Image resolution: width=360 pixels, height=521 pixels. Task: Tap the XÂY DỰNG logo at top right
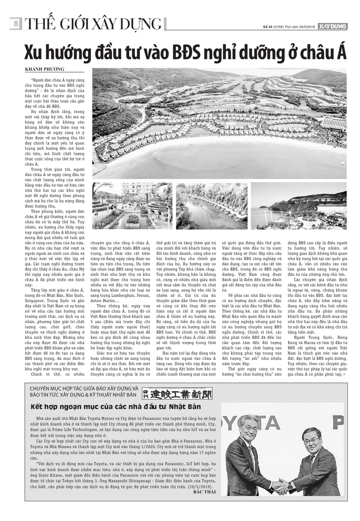(x=333, y=27)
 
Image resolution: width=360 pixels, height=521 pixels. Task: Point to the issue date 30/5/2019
(x=306, y=27)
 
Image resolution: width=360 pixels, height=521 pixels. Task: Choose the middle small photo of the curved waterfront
(x=211, y=206)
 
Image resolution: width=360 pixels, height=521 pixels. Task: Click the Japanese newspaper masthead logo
(x=177, y=394)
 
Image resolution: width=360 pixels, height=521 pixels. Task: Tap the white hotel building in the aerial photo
(x=334, y=122)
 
